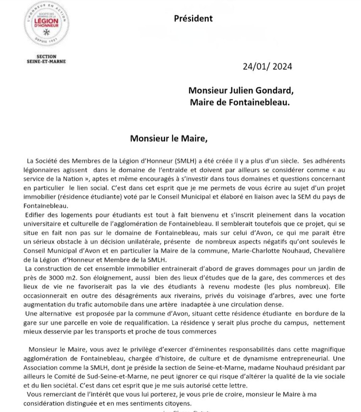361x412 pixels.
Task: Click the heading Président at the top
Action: (193, 19)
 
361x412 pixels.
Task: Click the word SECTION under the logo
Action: (47, 56)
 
